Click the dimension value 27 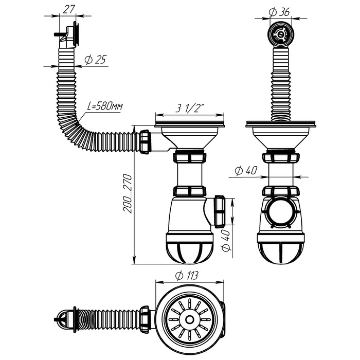68,9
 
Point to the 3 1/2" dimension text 189,109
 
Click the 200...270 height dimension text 129,194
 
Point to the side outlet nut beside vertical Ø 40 220,210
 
